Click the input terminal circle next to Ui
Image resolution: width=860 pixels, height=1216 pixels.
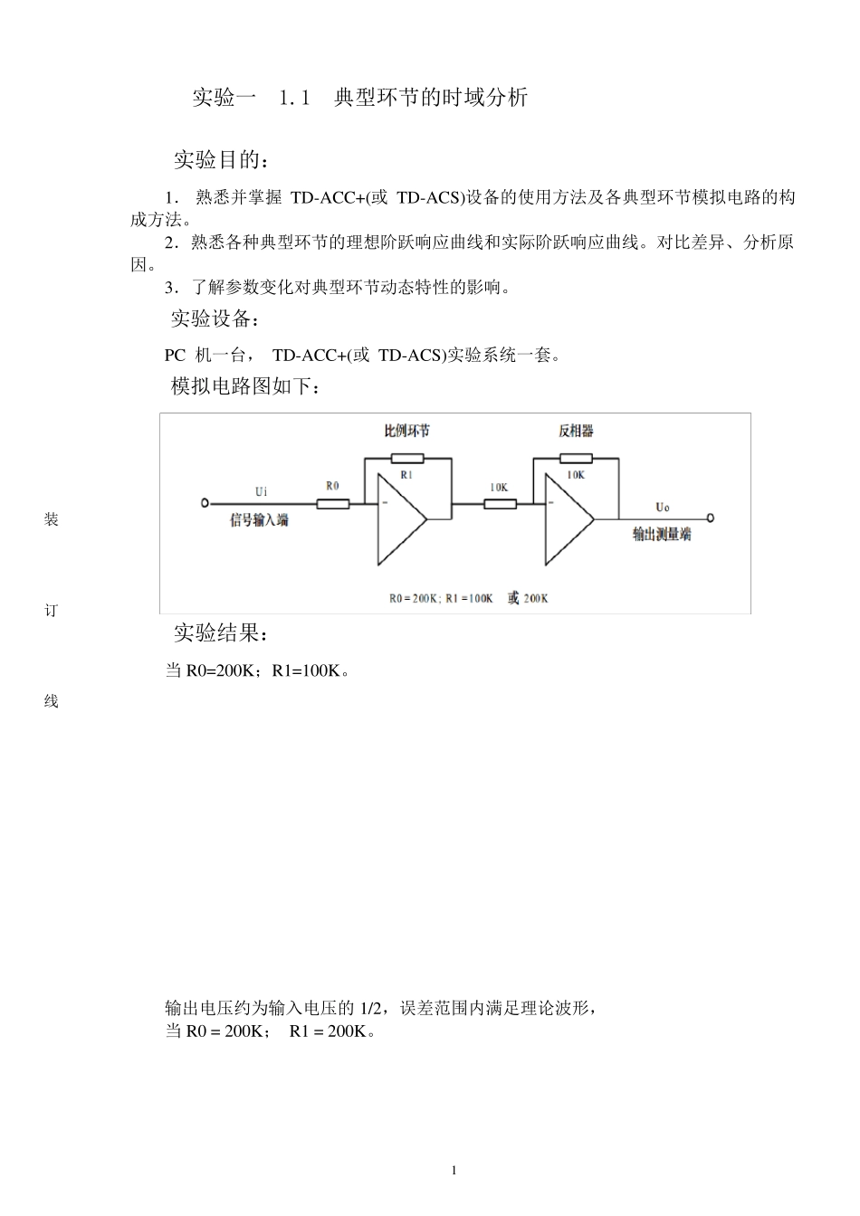205,503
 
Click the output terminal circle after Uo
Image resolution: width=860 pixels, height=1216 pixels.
711,518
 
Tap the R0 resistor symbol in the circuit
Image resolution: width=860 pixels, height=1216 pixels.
332,503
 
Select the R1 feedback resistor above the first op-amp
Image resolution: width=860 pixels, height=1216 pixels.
406,459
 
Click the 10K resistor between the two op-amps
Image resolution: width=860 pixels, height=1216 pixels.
500,503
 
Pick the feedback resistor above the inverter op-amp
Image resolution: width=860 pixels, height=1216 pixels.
576,459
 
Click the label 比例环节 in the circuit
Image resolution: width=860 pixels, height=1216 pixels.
407,431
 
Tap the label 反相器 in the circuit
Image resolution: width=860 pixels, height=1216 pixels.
576,431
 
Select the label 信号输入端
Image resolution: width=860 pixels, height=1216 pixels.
259,520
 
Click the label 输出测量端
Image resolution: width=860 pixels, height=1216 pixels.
662,535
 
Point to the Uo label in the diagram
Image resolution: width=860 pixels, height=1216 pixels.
663,508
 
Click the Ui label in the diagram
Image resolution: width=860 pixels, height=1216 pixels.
261,491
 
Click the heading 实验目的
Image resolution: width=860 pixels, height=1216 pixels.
221,161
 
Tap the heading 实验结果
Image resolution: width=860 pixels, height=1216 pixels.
221,633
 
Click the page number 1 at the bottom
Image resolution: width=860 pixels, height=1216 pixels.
454,1171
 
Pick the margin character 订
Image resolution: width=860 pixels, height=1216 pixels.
51,611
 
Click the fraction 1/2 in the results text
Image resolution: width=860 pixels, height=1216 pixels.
369,1008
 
